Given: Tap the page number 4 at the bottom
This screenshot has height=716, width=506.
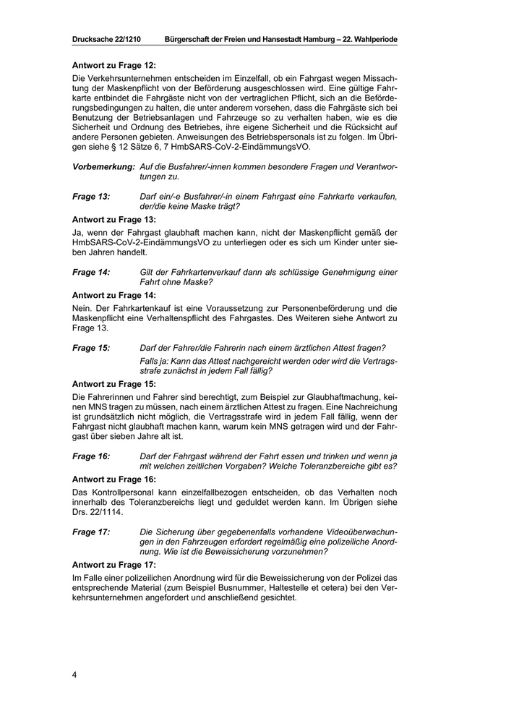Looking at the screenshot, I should [x=74, y=675].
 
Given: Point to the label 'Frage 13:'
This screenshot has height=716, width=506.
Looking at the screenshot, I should [x=91, y=197].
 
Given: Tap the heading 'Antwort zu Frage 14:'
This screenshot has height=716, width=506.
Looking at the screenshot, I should [x=114, y=294].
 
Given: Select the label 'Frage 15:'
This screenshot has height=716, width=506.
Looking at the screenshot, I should [x=91, y=348].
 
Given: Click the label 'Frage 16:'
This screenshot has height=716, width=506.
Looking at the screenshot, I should [x=91, y=456].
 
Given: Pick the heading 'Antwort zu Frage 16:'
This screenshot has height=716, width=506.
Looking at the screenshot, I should [x=114, y=479].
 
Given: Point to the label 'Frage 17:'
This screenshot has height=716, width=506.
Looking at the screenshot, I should [x=91, y=532].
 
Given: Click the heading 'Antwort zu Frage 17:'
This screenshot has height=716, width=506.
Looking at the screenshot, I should [x=114, y=564].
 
